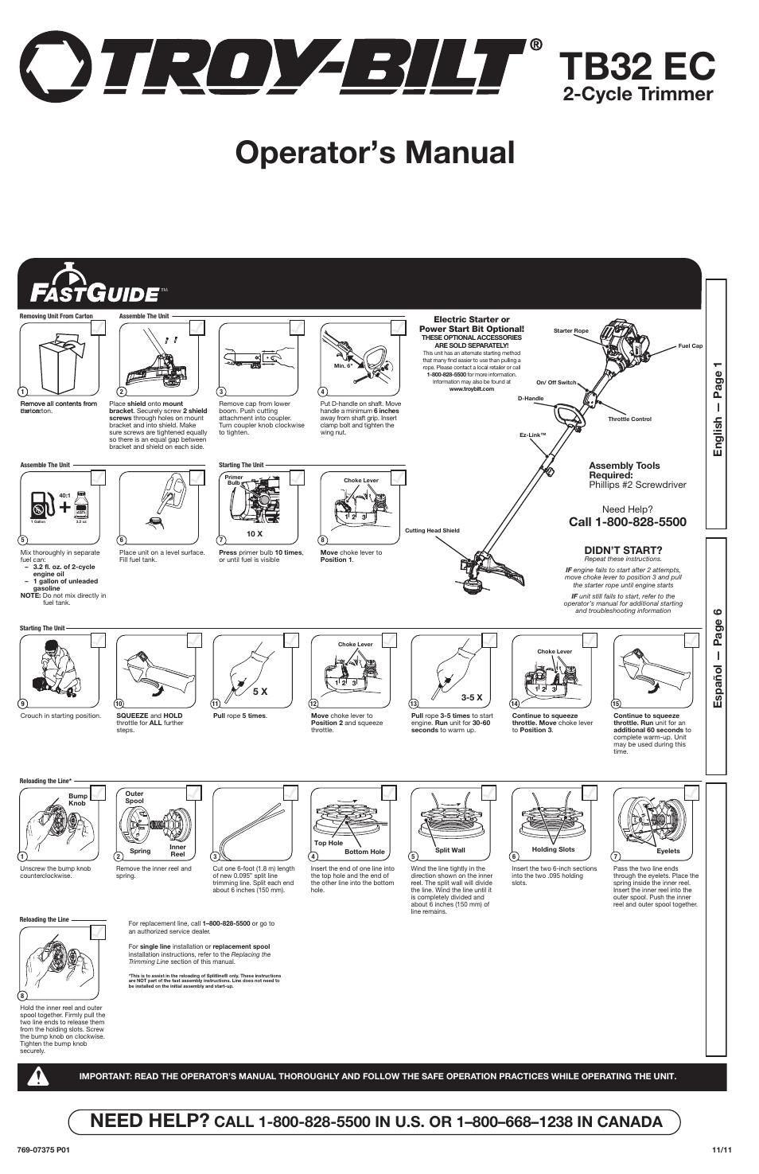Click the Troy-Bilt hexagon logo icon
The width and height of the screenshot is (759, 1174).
(54, 67)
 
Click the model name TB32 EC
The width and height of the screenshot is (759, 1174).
(636, 66)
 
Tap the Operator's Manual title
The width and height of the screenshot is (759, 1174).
(375, 152)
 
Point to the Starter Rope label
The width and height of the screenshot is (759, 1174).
(570, 330)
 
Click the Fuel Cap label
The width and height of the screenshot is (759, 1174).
(690, 346)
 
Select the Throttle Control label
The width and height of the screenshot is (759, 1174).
(629, 419)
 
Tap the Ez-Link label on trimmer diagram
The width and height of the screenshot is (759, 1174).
(532, 435)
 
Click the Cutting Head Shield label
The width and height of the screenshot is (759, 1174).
(432, 530)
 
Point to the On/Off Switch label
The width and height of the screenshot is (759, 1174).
(555, 382)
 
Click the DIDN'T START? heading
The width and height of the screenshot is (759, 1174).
(623, 550)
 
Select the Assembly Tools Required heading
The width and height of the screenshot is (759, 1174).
(624, 470)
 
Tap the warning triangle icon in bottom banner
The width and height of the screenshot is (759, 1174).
(37, 1076)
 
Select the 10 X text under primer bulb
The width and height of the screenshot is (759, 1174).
(254, 534)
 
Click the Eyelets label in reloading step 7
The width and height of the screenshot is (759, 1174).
(668, 851)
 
